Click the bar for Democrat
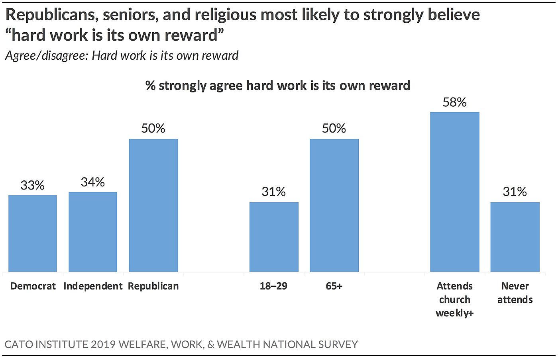[33, 233]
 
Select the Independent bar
[93, 232]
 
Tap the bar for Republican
[153, 205]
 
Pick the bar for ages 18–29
[274, 237]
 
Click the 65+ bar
[334, 205]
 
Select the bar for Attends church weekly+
[455, 192]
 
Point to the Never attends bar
[515, 237]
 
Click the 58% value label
[455, 102]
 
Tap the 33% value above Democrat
[33, 185]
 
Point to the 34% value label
[93, 182]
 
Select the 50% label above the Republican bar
[153, 128]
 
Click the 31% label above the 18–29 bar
[274, 192]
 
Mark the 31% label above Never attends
[515, 192]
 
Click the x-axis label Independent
[93, 286]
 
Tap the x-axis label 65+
[334, 286]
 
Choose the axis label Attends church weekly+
[455, 299]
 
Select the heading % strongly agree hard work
[278, 85]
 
